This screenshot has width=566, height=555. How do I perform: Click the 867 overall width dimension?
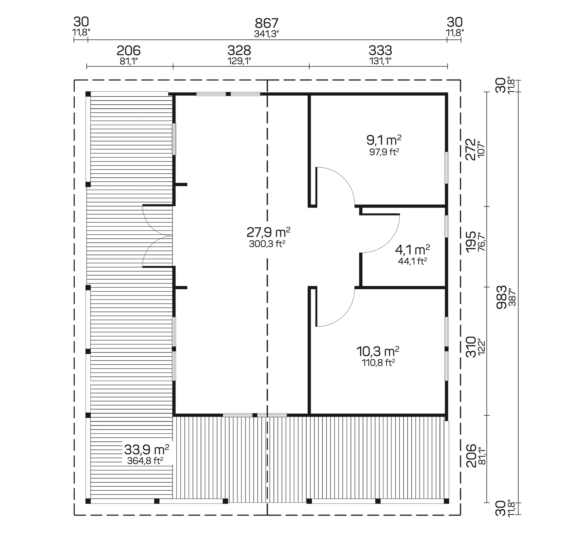[x=267, y=23]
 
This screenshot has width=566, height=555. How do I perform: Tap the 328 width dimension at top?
[x=239, y=51]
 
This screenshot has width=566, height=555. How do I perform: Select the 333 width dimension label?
[x=380, y=51]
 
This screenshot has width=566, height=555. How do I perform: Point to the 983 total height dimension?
[x=502, y=297]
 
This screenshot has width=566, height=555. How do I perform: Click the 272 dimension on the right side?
[x=471, y=149]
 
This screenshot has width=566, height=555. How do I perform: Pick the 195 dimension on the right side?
[x=471, y=242]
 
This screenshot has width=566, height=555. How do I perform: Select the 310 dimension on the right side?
[x=471, y=346]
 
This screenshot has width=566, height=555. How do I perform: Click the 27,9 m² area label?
[x=268, y=233]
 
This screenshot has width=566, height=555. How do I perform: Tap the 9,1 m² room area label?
[x=384, y=141]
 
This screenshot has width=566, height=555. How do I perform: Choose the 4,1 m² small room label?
[x=412, y=250]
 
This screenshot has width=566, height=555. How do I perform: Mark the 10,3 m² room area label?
[x=377, y=351]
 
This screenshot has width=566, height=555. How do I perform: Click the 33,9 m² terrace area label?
[x=146, y=449]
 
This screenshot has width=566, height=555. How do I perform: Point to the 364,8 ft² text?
[x=145, y=461]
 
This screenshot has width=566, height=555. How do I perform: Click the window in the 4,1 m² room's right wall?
[x=446, y=226]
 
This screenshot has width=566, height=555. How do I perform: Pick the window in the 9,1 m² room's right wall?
[x=446, y=167]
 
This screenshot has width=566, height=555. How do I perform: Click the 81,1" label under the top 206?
[x=129, y=61]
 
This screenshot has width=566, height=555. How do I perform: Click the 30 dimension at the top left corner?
[x=81, y=22]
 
